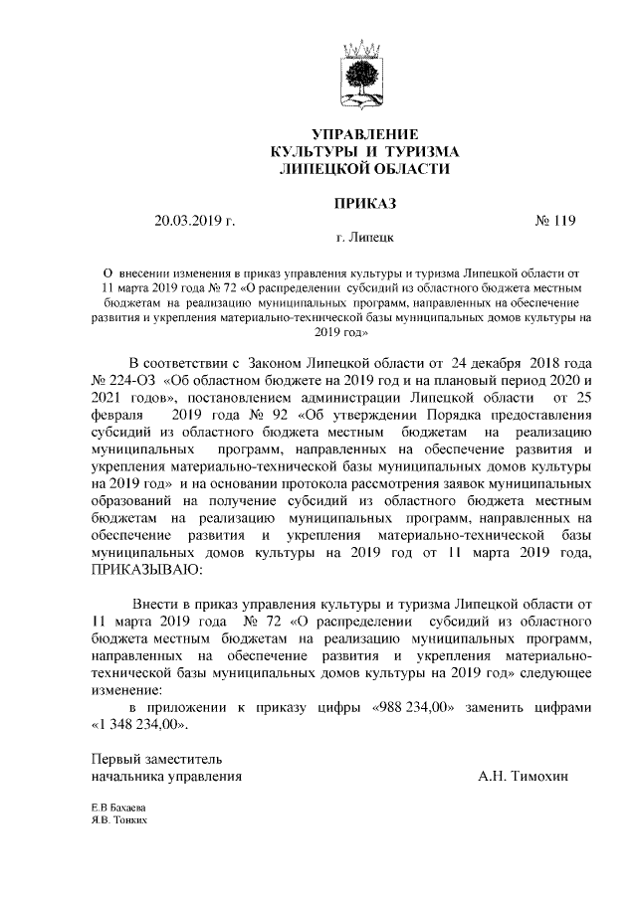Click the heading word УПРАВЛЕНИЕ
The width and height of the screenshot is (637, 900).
(365, 134)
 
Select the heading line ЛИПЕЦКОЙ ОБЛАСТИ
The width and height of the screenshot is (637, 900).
(365, 170)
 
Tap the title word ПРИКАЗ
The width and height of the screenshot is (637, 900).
(365, 203)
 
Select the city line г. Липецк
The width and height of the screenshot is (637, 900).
(365, 240)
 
